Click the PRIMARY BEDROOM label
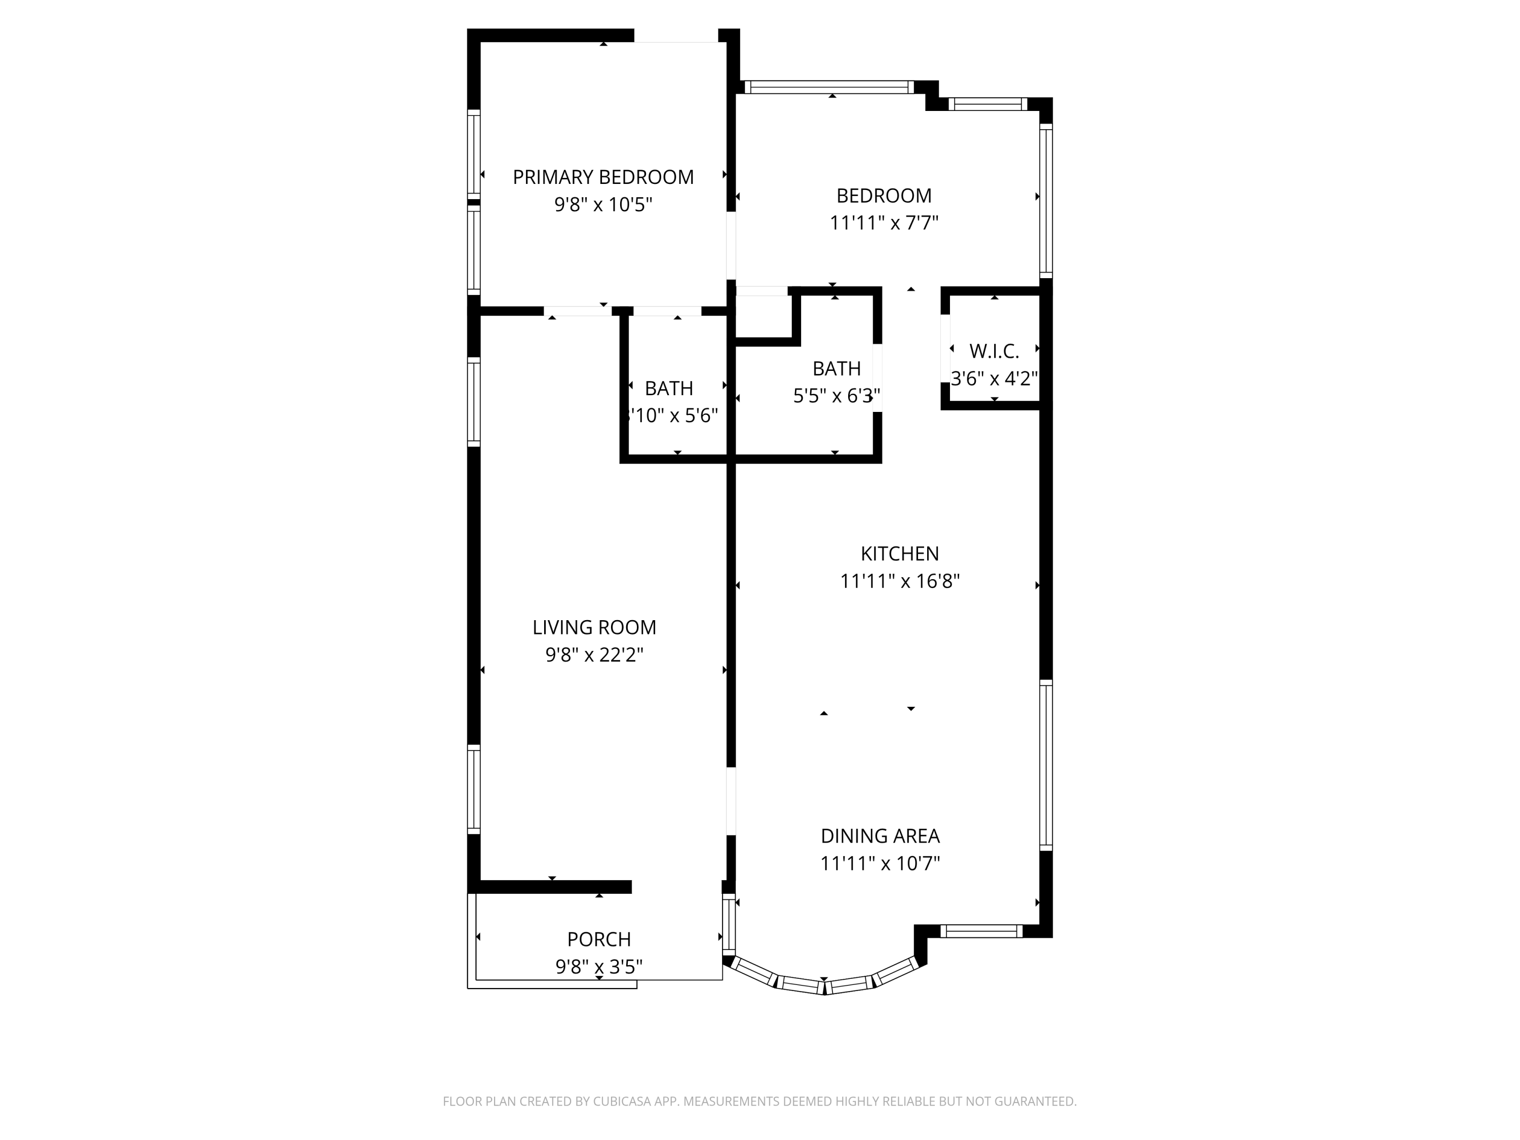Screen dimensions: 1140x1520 click(x=602, y=177)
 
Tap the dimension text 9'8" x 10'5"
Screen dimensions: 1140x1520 click(x=602, y=205)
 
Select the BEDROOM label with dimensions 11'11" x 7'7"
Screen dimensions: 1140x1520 click(x=884, y=196)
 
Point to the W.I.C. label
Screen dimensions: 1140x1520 click(x=994, y=351)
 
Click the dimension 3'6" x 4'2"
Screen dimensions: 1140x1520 click(x=994, y=378)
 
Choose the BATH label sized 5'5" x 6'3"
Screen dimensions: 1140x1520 click(x=837, y=369)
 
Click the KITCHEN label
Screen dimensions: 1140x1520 click(x=899, y=554)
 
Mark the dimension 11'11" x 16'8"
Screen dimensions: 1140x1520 click(x=899, y=581)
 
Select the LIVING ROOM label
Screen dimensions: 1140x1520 click(x=594, y=627)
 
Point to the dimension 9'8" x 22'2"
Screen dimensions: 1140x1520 click(x=594, y=655)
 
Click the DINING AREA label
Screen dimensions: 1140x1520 click(x=880, y=837)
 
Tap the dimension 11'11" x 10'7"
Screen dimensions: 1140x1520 click(x=880, y=864)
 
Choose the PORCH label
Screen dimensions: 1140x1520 click(x=598, y=939)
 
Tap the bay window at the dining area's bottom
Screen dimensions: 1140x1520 click(x=824, y=984)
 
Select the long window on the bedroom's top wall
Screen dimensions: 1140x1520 click(x=829, y=87)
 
